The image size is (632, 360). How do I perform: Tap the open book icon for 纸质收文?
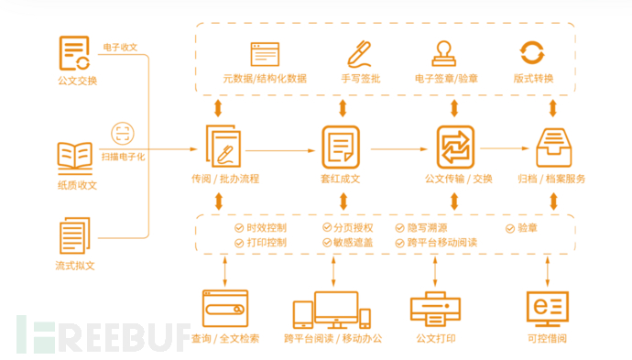pyautogui.click(x=76, y=158)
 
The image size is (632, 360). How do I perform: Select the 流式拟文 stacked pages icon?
pyautogui.click(x=75, y=236)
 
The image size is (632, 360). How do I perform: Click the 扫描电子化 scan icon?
pyautogui.click(x=123, y=133)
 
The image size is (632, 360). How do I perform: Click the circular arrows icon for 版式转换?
pyautogui.click(x=532, y=51)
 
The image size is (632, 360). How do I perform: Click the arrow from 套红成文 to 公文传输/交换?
pyautogui.click(x=398, y=147)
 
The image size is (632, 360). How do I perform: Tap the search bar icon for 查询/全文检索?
pyautogui.click(x=225, y=309)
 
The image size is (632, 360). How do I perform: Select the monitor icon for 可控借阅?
pyautogui.click(x=548, y=309)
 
